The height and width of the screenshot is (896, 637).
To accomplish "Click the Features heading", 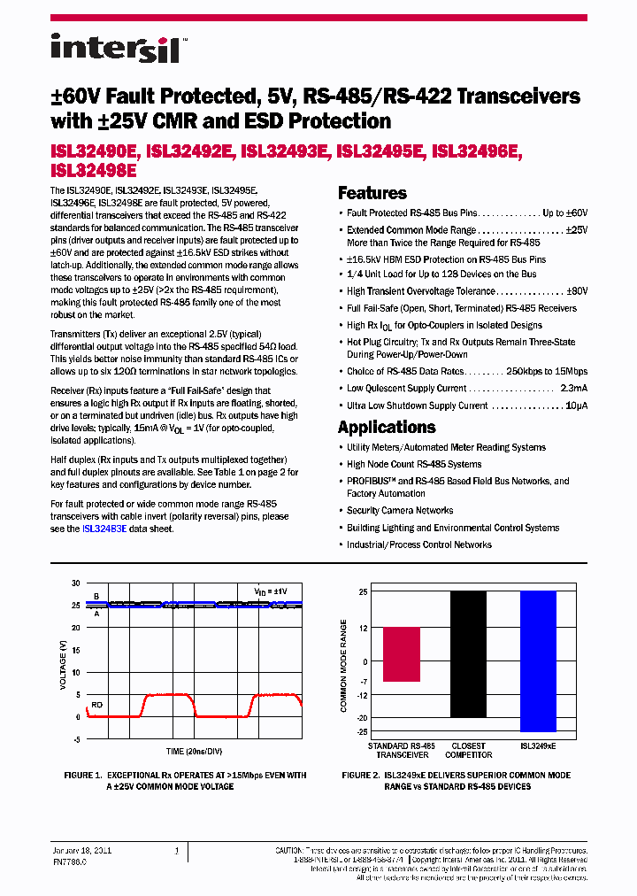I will click(x=372, y=193).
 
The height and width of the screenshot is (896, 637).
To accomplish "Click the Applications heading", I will click(x=387, y=427).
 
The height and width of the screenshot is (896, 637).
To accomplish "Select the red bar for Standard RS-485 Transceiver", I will click(x=401, y=654).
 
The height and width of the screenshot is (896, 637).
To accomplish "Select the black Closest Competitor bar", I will click(x=467, y=654).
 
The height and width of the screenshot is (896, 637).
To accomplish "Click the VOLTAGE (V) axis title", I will click(x=63, y=660).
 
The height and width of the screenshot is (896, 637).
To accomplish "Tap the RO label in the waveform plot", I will click(x=97, y=705).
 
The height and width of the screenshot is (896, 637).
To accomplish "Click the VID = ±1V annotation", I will click(x=271, y=589).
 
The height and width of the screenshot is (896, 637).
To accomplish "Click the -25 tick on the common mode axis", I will click(x=362, y=731).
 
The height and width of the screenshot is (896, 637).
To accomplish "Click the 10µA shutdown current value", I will click(x=576, y=406).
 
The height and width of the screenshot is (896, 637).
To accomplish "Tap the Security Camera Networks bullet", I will click(x=399, y=511).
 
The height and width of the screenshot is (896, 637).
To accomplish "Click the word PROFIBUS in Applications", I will click(x=369, y=481).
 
